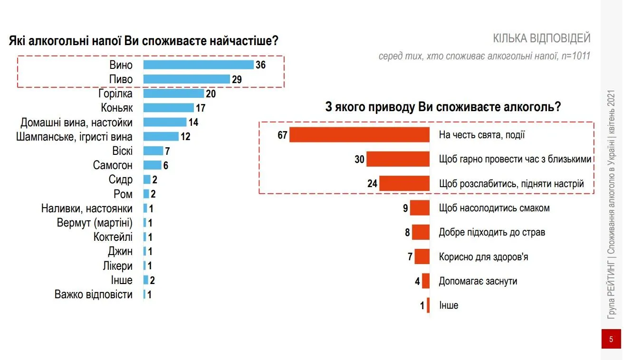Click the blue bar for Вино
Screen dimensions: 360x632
pos(198,65)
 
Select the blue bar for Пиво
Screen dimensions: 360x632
pos(186,79)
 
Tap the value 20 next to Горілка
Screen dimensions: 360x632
pos(211,94)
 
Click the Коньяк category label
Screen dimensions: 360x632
pos(117,108)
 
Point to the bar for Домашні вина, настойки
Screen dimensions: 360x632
pos(165,123)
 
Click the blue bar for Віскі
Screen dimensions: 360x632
pos(153,151)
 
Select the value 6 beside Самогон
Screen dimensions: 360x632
pos(166,166)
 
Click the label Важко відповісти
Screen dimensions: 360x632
pos(94,294)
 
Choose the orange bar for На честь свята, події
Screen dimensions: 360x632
pos(359,135)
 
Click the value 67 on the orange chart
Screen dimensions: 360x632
pos(283,135)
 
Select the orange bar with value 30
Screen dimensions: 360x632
pos(398,159)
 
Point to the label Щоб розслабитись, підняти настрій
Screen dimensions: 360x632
pos(511,184)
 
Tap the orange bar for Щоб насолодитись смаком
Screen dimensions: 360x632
pos(420,208)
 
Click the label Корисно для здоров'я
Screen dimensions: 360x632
pos(484,257)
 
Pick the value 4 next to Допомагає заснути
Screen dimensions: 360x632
pos(417,281)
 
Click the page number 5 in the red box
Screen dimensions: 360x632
pos(611,339)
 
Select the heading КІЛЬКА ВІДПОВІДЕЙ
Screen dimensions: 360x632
pos(542,38)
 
